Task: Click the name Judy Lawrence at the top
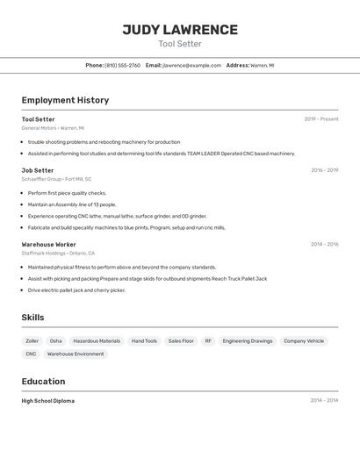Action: pos(180,30)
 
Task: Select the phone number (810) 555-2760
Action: pos(122,65)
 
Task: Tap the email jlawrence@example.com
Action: pos(191,65)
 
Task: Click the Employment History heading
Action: pos(65,100)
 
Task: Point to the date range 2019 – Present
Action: pos(320,119)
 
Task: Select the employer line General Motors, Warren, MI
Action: pos(53,128)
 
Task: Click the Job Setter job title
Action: pos(38,170)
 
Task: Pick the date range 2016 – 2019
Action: pos(324,170)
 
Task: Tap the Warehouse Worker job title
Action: pos(48,244)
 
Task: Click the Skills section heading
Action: pos(33,318)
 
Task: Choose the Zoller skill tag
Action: pos(32,340)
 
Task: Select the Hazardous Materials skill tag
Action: pos(97,340)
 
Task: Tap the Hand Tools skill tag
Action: pos(144,340)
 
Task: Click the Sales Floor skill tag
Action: pos(181,340)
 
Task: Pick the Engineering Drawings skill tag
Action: pos(248,340)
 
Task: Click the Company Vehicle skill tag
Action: pos(304,340)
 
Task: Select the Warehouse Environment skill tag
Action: pos(76,354)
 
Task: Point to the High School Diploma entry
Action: pos(48,401)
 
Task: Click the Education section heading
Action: pos(43,382)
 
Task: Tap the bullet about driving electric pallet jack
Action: pos(76,290)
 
